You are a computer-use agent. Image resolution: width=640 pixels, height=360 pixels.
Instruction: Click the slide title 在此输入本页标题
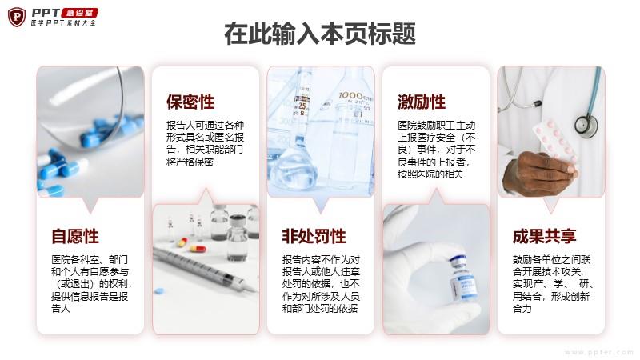pyautogui.click(x=320, y=34)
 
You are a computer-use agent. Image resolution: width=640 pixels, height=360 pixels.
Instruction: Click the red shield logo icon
pyautogui.click(x=17, y=17)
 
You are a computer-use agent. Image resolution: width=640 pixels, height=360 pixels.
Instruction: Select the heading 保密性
pyautogui.click(x=190, y=102)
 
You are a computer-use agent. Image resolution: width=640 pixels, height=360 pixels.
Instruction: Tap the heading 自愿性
pyautogui.click(x=75, y=236)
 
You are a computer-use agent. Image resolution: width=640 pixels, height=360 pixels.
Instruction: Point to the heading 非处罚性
pyautogui.click(x=314, y=236)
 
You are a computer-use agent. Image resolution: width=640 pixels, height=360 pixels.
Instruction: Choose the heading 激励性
pyautogui.click(x=422, y=102)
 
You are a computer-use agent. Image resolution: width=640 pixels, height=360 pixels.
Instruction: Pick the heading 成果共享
pyautogui.click(x=545, y=236)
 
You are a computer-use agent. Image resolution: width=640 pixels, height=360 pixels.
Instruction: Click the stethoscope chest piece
pyautogui.click(x=586, y=125)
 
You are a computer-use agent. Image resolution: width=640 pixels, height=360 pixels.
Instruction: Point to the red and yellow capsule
pyautogui.click(x=198, y=248)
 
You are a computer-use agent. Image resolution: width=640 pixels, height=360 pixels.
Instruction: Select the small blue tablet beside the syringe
pyautogui.click(x=158, y=291)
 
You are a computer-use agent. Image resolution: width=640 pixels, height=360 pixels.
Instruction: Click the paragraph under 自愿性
pyautogui.click(x=91, y=284)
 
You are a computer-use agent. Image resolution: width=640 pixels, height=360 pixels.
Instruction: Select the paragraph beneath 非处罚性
pyautogui.click(x=321, y=284)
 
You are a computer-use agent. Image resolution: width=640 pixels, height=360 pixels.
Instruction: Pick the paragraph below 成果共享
pyautogui.click(x=553, y=284)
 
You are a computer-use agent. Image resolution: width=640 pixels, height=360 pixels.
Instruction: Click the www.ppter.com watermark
pyautogui.click(x=599, y=352)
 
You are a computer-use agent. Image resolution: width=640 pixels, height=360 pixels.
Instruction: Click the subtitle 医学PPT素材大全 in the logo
pyautogui.click(x=64, y=23)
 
